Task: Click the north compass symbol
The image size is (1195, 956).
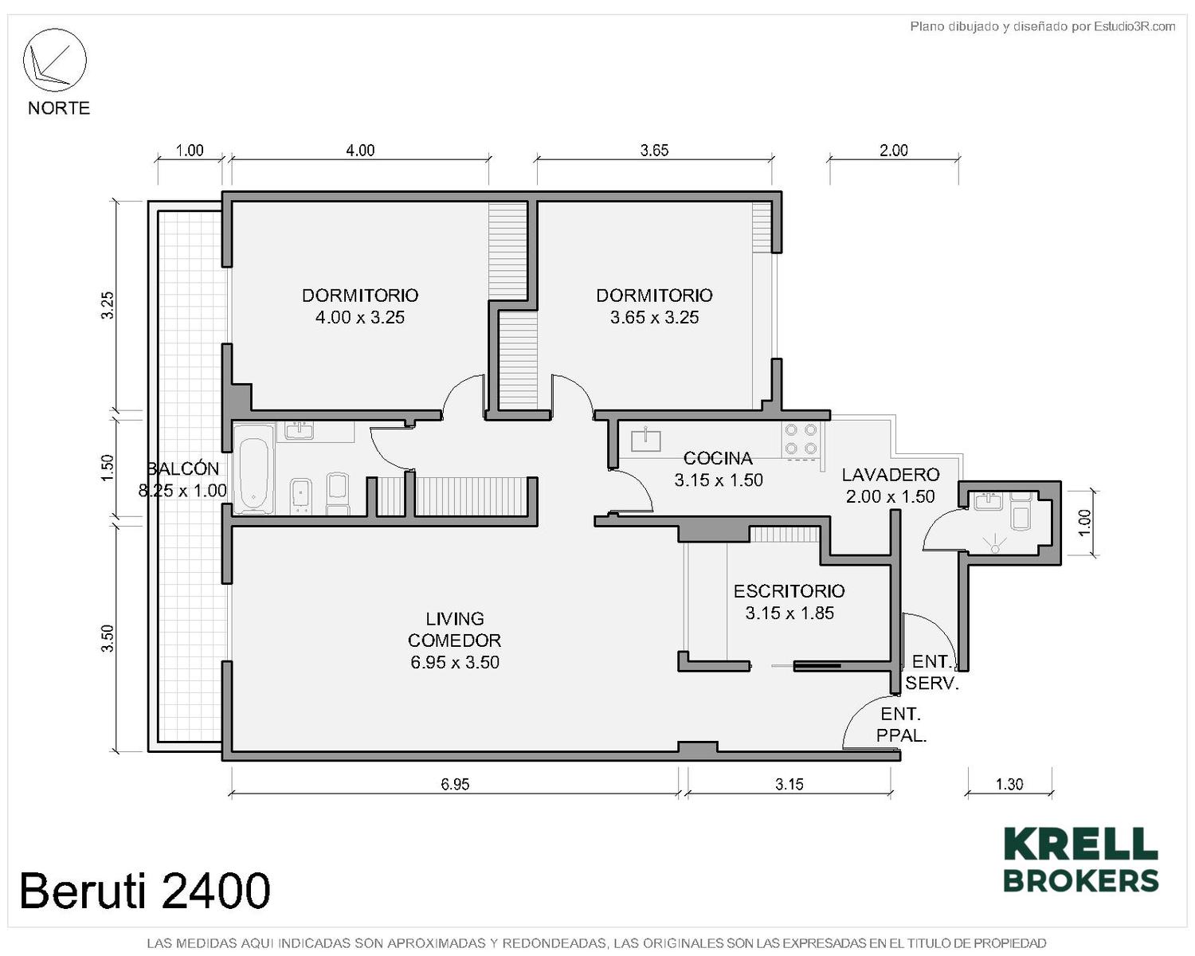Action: coord(54,60)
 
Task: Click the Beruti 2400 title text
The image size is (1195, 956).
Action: coord(145,891)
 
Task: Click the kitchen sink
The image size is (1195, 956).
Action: coord(646,439)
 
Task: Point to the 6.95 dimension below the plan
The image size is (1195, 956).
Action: coord(455,784)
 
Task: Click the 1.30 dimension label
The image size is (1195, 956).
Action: coord(1009,784)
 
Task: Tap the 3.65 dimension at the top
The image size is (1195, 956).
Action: coord(654,150)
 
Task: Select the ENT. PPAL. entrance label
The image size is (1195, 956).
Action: coord(901,724)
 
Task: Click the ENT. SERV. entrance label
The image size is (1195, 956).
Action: coord(932,672)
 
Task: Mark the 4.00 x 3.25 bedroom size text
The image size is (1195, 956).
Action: coord(360,317)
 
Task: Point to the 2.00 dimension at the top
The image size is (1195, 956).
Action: coord(894,150)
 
